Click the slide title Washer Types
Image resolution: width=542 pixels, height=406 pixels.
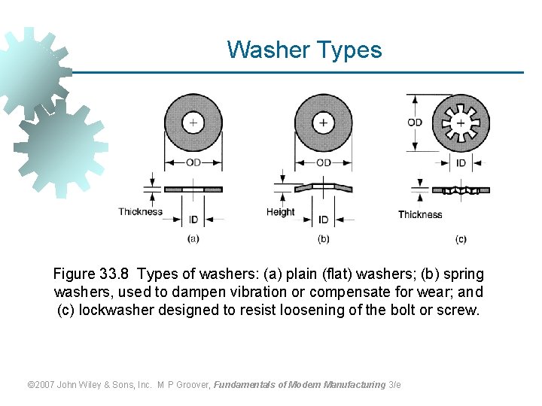(x=304, y=50)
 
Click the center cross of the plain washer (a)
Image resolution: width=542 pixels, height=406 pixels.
(x=193, y=122)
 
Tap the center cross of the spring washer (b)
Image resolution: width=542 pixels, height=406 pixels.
(x=323, y=122)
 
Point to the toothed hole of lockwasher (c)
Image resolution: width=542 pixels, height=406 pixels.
(x=461, y=122)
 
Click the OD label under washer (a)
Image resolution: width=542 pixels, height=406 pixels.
(x=193, y=162)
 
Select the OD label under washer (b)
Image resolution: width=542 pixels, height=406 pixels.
(x=323, y=162)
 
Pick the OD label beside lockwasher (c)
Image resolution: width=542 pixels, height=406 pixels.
(x=415, y=122)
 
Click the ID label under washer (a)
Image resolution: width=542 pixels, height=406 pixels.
(x=193, y=220)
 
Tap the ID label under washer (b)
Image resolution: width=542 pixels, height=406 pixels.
(x=323, y=220)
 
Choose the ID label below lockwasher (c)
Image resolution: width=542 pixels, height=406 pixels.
(x=461, y=162)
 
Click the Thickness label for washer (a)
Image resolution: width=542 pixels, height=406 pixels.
(x=140, y=211)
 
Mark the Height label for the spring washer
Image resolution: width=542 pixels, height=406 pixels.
(x=280, y=212)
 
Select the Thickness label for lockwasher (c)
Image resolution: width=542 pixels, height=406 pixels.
(x=420, y=214)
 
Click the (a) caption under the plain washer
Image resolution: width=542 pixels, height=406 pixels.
(x=193, y=239)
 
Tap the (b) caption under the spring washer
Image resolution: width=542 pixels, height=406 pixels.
(x=323, y=239)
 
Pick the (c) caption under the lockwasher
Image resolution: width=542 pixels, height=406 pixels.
(x=461, y=239)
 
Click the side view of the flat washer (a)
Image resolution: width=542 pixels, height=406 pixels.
(x=193, y=189)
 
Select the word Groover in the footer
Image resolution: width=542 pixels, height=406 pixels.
(x=193, y=385)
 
